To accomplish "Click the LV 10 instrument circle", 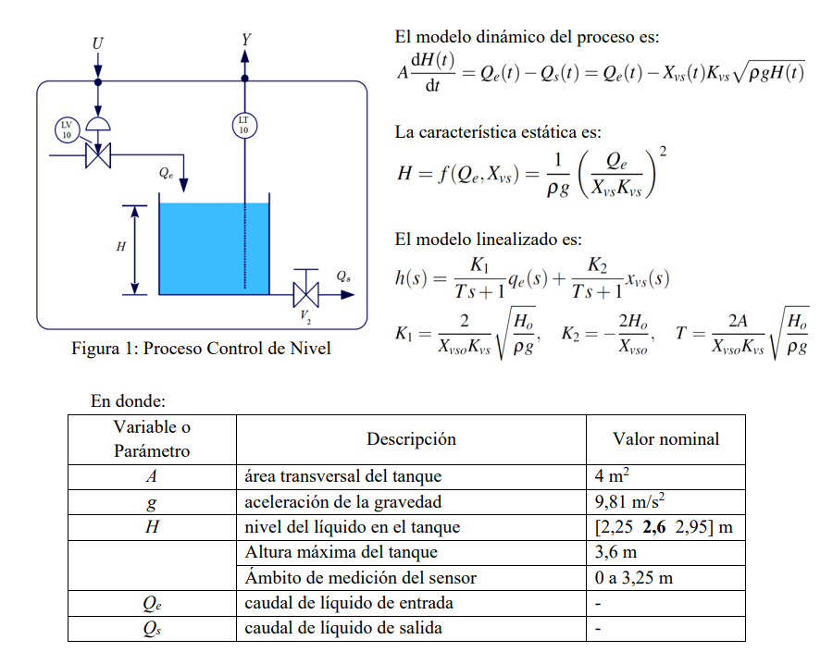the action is click(66, 129).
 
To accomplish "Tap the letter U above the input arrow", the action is click(98, 43).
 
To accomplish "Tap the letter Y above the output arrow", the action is click(245, 40).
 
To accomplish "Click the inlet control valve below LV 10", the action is click(98, 154).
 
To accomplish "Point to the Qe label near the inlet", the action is click(166, 172).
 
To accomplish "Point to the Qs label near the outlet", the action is click(343, 275).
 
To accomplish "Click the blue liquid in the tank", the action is click(214, 249).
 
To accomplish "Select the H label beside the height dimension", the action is click(120, 247).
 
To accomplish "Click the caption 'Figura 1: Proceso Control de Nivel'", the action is click(201, 349).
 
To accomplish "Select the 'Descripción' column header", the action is click(411, 439).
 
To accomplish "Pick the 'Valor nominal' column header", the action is click(665, 439).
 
